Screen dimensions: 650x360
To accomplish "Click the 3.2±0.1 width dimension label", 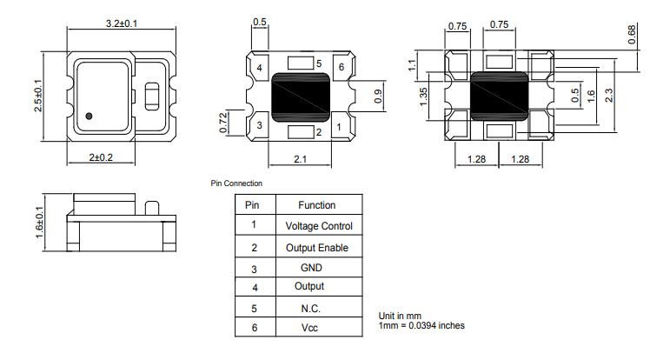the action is point(122,23).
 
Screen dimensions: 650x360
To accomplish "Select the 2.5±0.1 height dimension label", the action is point(37,96).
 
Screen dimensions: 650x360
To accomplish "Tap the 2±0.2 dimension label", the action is point(101,157).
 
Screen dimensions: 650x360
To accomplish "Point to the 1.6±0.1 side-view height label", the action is point(39,223).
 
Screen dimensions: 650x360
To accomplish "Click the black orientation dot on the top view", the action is point(89,117).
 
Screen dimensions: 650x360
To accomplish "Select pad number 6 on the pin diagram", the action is point(342,67).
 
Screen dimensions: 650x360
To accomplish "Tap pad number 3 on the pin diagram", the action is point(260,125).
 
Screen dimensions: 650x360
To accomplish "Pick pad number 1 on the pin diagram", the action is point(339,127).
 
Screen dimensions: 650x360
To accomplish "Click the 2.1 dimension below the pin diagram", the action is point(300,159).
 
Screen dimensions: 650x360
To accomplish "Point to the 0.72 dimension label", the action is point(223,123).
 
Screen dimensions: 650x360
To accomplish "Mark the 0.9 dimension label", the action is point(378,97).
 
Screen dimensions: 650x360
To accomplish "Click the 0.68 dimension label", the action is point(632,35).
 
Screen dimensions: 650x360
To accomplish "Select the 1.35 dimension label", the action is point(423,97).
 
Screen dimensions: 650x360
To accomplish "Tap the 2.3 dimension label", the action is point(609,96).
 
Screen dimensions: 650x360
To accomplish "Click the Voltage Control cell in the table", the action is point(319,226).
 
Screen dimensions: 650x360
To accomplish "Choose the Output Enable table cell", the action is point(317,248).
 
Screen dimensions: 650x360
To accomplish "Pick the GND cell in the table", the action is point(311,268).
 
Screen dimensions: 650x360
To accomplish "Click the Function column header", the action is point(316,205).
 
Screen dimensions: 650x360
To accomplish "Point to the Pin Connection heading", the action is point(236,183).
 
